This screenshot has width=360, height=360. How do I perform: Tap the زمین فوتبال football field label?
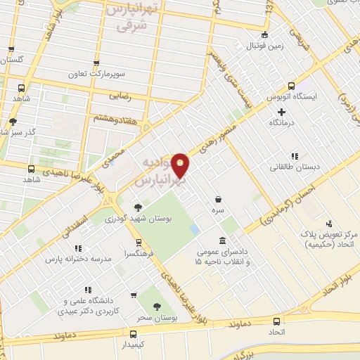coord(264,46)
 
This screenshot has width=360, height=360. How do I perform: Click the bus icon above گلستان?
coord(10,50)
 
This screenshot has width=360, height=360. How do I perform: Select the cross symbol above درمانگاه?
coord(281,112)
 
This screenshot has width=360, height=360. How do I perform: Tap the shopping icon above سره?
coord(220,200)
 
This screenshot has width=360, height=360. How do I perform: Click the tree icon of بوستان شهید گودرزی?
coord(138,208)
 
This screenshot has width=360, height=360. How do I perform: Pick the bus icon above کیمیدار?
coord(133,335)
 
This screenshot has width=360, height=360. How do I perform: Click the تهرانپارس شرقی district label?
coord(131,17)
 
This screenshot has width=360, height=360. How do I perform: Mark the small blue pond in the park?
coord(195,230)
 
